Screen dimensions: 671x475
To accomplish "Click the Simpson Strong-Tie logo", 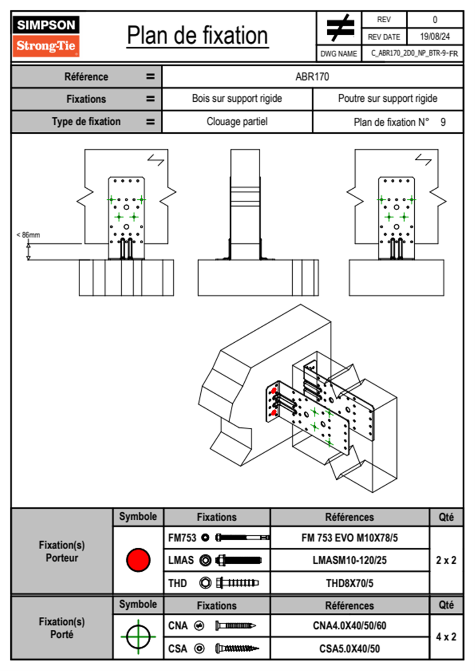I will pos(46,36).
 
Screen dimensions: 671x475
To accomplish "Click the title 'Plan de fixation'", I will pos(197,36).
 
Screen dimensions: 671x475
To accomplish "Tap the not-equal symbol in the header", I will pos(339,28).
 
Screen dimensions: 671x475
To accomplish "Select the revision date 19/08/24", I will pos(435,37).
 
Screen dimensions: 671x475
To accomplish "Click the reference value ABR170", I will pos(312,77).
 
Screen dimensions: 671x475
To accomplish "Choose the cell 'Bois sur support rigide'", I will pos(237,99).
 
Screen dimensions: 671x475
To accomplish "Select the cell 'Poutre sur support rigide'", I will pos(388,99).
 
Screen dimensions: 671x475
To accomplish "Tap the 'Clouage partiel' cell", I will pos(237,122).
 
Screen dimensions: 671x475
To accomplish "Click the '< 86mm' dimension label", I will pos(28,235).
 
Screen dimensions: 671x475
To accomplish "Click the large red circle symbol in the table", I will pos(138,560).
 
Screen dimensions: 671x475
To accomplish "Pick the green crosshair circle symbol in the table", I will pos(138,637).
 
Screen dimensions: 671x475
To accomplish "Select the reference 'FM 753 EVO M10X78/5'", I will pos(349,538).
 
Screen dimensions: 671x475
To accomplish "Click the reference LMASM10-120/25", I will pos(349,560).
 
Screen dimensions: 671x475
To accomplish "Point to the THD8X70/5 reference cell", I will pos(349,583).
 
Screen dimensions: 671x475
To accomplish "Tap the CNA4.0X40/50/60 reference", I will pos(349,626).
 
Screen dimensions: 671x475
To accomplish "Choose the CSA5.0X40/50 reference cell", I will pos(349,649).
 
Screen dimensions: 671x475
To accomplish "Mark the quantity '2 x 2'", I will pos(446,560).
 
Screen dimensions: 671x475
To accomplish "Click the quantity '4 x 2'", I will pos(446,637).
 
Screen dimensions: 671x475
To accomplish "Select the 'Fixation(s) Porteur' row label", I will pos(62,551).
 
